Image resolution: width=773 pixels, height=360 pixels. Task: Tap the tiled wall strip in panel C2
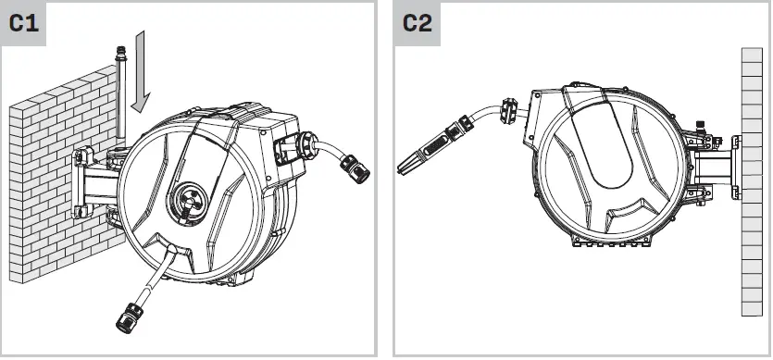pyautogui.click(x=754, y=185)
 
